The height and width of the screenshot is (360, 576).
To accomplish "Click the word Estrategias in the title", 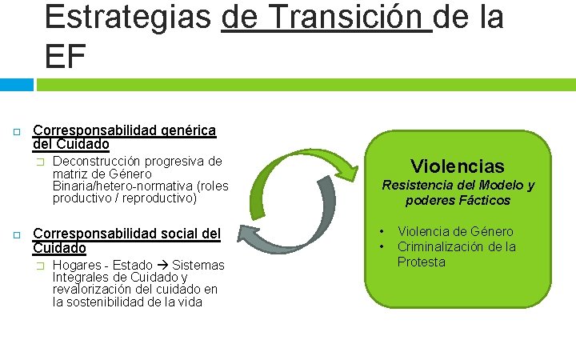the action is (x=128, y=17).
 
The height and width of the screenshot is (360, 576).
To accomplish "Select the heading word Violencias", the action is (x=458, y=166).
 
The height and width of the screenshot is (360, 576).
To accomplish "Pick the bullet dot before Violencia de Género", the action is (x=382, y=232).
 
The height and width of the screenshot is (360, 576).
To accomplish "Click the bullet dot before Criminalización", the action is (x=382, y=246).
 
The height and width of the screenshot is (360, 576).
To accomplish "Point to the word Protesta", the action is (x=422, y=262).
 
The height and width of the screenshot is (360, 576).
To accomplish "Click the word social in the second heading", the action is (x=181, y=234).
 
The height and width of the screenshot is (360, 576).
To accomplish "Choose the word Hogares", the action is (x=78, y=265).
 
